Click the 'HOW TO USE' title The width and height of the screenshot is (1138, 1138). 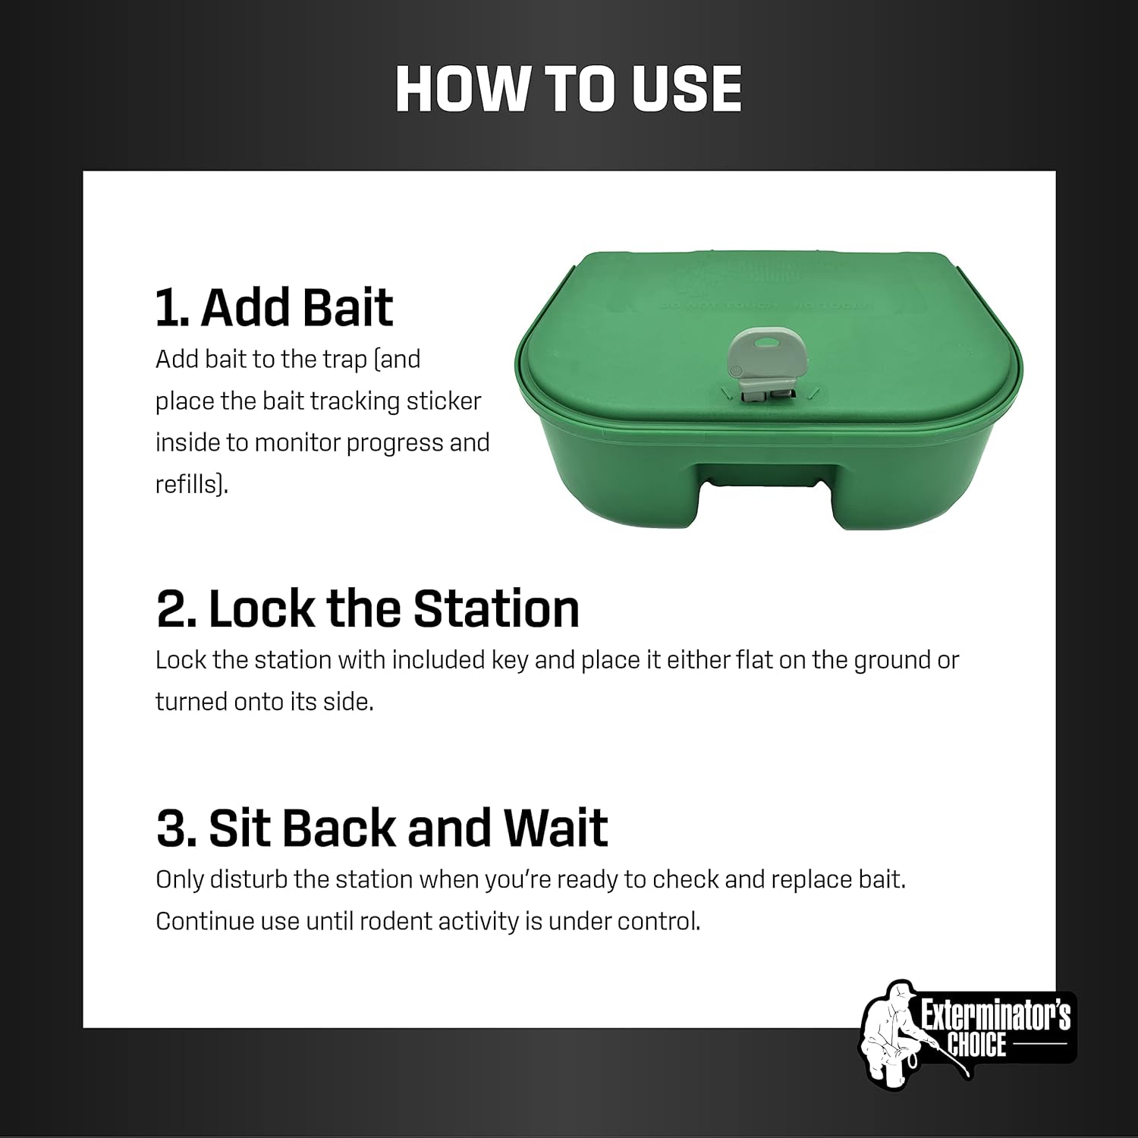(568, 90)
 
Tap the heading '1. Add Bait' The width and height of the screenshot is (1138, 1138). (274, 307)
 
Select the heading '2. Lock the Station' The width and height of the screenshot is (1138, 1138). (368, 609)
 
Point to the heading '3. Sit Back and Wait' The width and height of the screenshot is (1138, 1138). (382, 828)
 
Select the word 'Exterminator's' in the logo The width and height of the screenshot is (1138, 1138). (995, 1015)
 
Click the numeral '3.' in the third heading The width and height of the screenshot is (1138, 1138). (176, 828)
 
